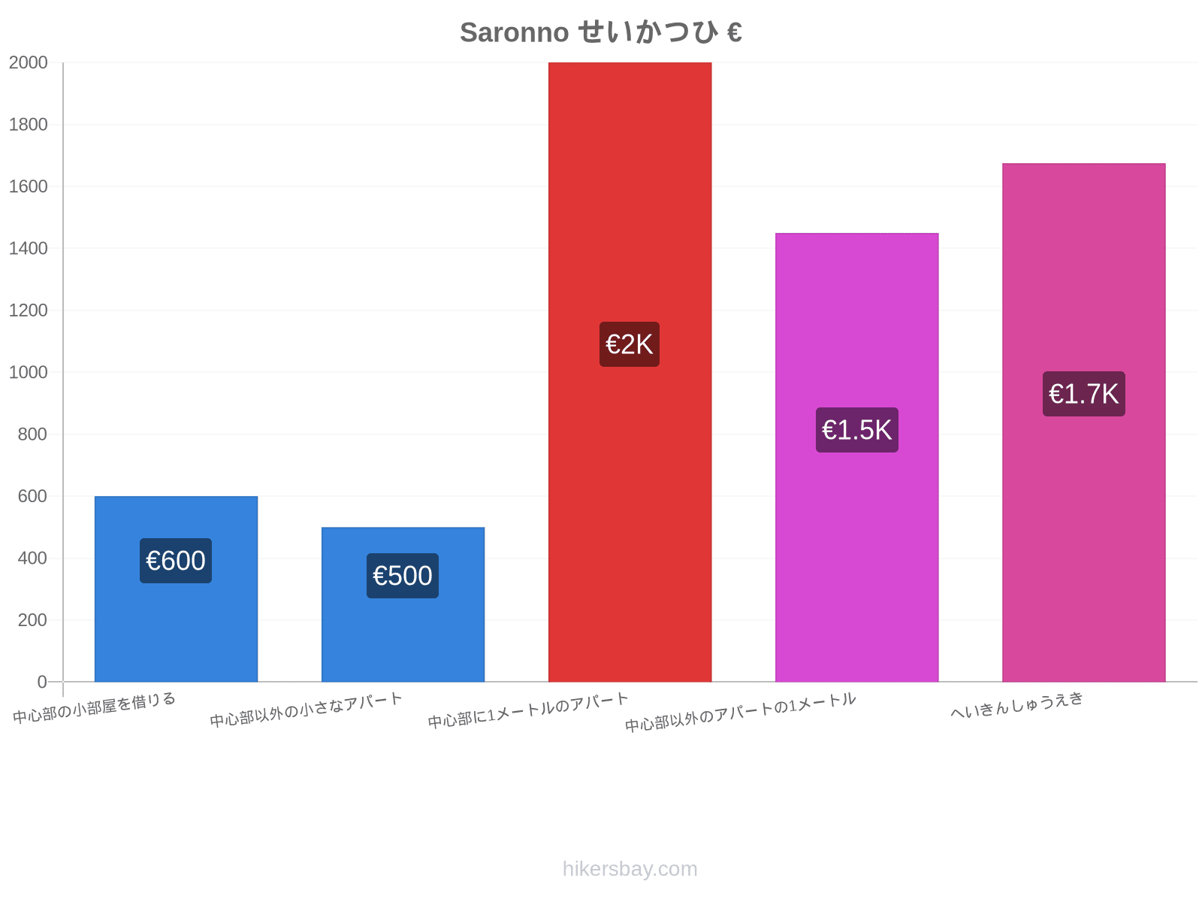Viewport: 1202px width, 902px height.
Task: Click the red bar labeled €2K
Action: [630, 372]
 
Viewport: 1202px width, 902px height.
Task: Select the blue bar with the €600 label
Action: [176, 589]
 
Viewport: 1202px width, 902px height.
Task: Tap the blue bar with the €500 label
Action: [403, 604]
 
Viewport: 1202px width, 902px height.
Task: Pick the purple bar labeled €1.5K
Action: [857, 457]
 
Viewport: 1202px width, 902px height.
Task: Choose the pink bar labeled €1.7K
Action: [1084, 422]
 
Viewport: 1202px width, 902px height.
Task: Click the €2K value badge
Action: [630, 344]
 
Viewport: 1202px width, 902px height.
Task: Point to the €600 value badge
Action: [176, 561]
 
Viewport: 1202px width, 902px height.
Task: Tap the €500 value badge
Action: [403, 576]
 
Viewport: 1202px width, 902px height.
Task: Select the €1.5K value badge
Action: [857, 430]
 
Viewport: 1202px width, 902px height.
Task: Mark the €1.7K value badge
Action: [1084, 394]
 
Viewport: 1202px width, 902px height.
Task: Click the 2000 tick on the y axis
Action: [28, 62]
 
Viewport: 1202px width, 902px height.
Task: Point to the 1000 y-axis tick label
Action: [28, 372]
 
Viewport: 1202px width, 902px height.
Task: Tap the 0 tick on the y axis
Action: [42, 682]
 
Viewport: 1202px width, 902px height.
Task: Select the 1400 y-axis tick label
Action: [28, 249]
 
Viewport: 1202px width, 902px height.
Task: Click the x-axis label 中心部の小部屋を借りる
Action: [94, 707]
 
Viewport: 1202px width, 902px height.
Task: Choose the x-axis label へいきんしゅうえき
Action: [1017, 705]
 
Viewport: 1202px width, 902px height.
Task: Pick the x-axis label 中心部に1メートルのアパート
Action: [528, 710]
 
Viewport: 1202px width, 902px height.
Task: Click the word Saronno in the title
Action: [514, 32]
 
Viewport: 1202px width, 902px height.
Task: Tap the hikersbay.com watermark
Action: [630, 869]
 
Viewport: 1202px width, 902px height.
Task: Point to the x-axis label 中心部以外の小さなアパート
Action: [306, 710]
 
